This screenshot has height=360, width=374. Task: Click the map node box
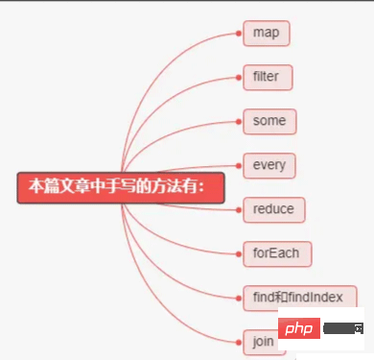pyautogui.click(x=266, y=33)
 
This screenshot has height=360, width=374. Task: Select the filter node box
pyautogui.click(x=268, y=77)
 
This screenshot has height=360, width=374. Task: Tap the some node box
pyautogui.click(x=269, y=121)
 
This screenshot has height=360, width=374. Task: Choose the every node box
pyautogui.click(x=269, y=165)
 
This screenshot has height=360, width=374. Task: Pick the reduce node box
pyautogui.click(x=273, y=209)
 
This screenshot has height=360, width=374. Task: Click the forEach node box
pyautogui.click(x=276, y=253)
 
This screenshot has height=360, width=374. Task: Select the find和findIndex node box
pyautogui.click(x=299, y=297)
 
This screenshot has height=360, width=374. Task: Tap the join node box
pyautogui.click(x=262, y=341)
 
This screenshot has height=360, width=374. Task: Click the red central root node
pyautogui.click(x=120, y=186)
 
